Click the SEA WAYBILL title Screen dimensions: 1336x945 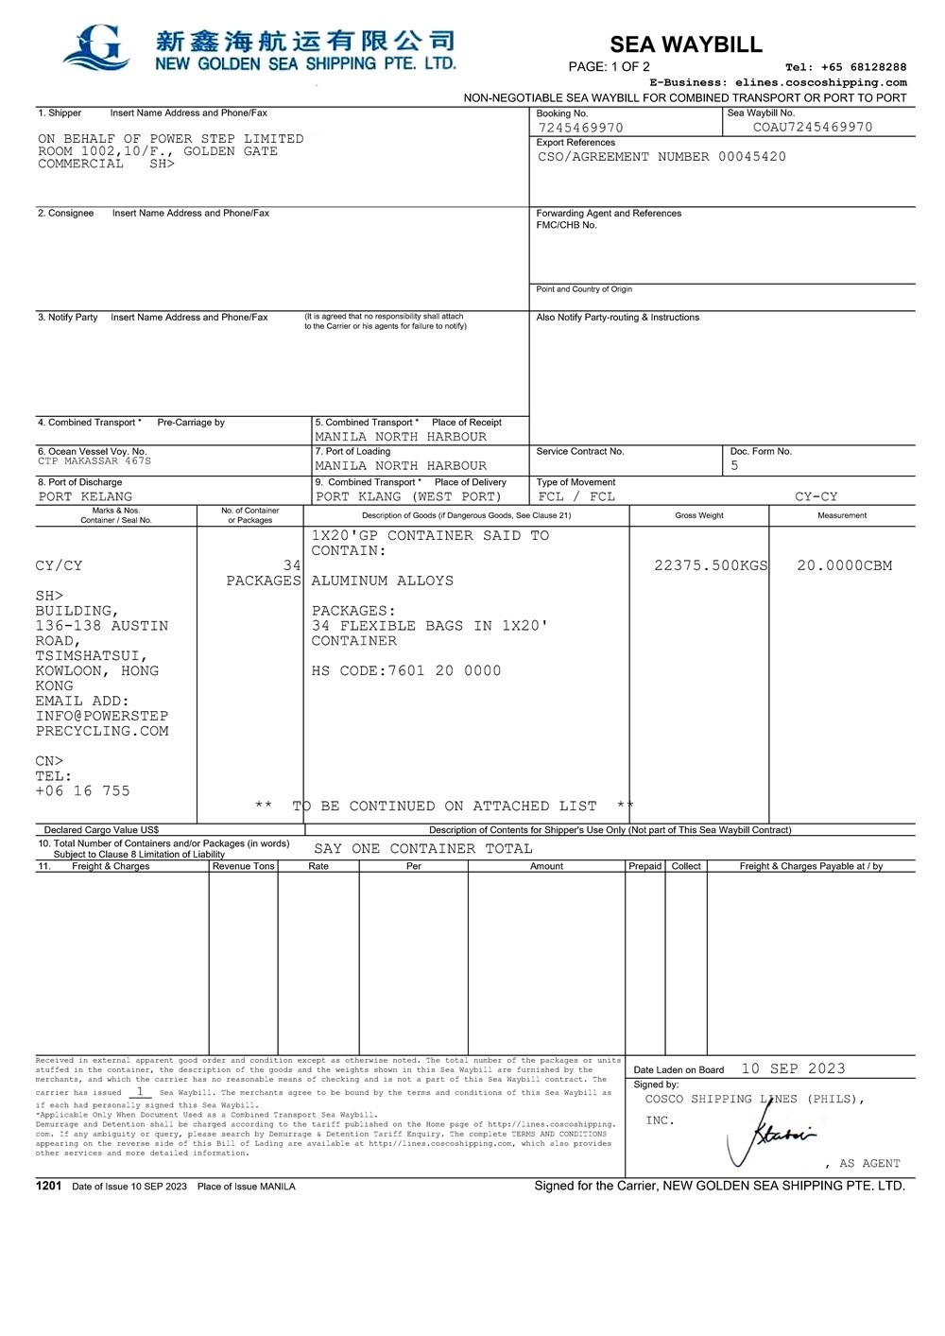tap(685, 44)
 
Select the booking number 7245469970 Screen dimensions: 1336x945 tap(580, 128)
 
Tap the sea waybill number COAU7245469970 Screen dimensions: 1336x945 tap(813, 127)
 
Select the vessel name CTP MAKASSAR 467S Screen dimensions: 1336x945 tap(94, 461)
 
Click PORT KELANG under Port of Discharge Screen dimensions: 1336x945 tap(85, 496)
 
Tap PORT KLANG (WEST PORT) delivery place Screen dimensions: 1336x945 tap(408, 496)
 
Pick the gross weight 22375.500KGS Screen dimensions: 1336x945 tap(711, 565)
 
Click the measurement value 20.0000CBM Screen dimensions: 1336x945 tap(844, 565)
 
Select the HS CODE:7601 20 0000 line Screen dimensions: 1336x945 tap(406, 671)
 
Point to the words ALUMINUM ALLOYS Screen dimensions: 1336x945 tap(382, 581)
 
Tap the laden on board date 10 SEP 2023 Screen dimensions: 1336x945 tap(793, 1068)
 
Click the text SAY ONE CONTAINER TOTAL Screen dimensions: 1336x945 tap(422, 849)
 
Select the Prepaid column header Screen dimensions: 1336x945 tap(645, 866)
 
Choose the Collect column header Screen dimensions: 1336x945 tap(686, 866)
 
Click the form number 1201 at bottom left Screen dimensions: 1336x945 tap(48, 1186)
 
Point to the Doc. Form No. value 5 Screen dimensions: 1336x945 tap(734, 465)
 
